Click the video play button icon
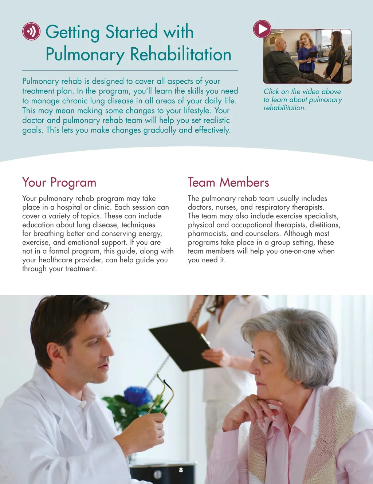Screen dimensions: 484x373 (262, 29)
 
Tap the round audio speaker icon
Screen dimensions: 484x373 (31, 31)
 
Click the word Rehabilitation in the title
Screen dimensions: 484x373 (181, 55)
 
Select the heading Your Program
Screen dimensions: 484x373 (59, 182)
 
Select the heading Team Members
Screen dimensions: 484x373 (228, 182)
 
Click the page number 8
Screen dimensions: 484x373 (181, 470)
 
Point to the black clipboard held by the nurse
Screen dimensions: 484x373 (182, 346)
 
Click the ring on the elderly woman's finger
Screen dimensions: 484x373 (258, 400)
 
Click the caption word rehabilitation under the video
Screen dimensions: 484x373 (284, 108)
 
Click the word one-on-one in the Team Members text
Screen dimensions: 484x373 (297, 251)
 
